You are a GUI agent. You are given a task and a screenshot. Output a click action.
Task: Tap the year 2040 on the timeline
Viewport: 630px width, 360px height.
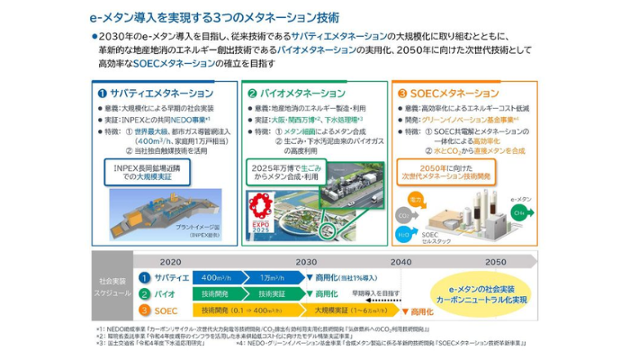(x=400, y=261)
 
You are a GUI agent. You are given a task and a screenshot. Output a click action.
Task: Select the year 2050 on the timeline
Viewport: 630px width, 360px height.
(x=495, y=261)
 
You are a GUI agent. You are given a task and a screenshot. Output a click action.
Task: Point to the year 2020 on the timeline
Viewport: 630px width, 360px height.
(x=171, y=261)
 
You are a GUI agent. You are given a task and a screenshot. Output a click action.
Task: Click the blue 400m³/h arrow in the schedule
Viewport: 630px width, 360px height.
(x=218, y=277)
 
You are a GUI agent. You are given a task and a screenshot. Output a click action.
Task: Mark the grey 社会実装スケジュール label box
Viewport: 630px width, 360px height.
(x=113, y=287)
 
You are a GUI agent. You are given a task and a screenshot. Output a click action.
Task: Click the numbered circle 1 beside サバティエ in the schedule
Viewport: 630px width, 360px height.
(x=144, y=277)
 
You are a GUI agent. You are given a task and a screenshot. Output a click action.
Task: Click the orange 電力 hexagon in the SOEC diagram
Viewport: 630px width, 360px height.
(x=415, y=197)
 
